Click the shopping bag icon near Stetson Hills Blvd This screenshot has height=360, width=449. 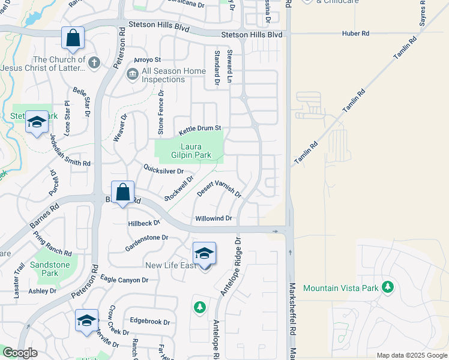pos(73,38)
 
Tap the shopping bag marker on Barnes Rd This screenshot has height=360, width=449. pos(122,193)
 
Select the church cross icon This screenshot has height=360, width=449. pos(94,62)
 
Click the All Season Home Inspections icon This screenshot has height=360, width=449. pos(133,75)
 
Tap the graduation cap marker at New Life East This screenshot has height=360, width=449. pos(204,253)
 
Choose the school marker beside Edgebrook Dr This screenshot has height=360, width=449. pos(87,320)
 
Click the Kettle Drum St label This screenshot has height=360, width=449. pos(200,128)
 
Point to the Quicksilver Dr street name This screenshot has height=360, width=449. pos(163,170)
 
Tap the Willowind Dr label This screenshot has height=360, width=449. pos(213,218)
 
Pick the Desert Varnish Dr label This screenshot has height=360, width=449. pos(219,190)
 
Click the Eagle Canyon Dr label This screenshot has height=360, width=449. pos(124,280)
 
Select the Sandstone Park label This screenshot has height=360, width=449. pos(50,269)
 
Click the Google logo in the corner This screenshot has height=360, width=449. pos(20,353)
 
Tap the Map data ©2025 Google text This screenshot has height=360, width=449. pos(411,355)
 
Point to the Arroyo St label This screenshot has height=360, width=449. pos(148,60)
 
